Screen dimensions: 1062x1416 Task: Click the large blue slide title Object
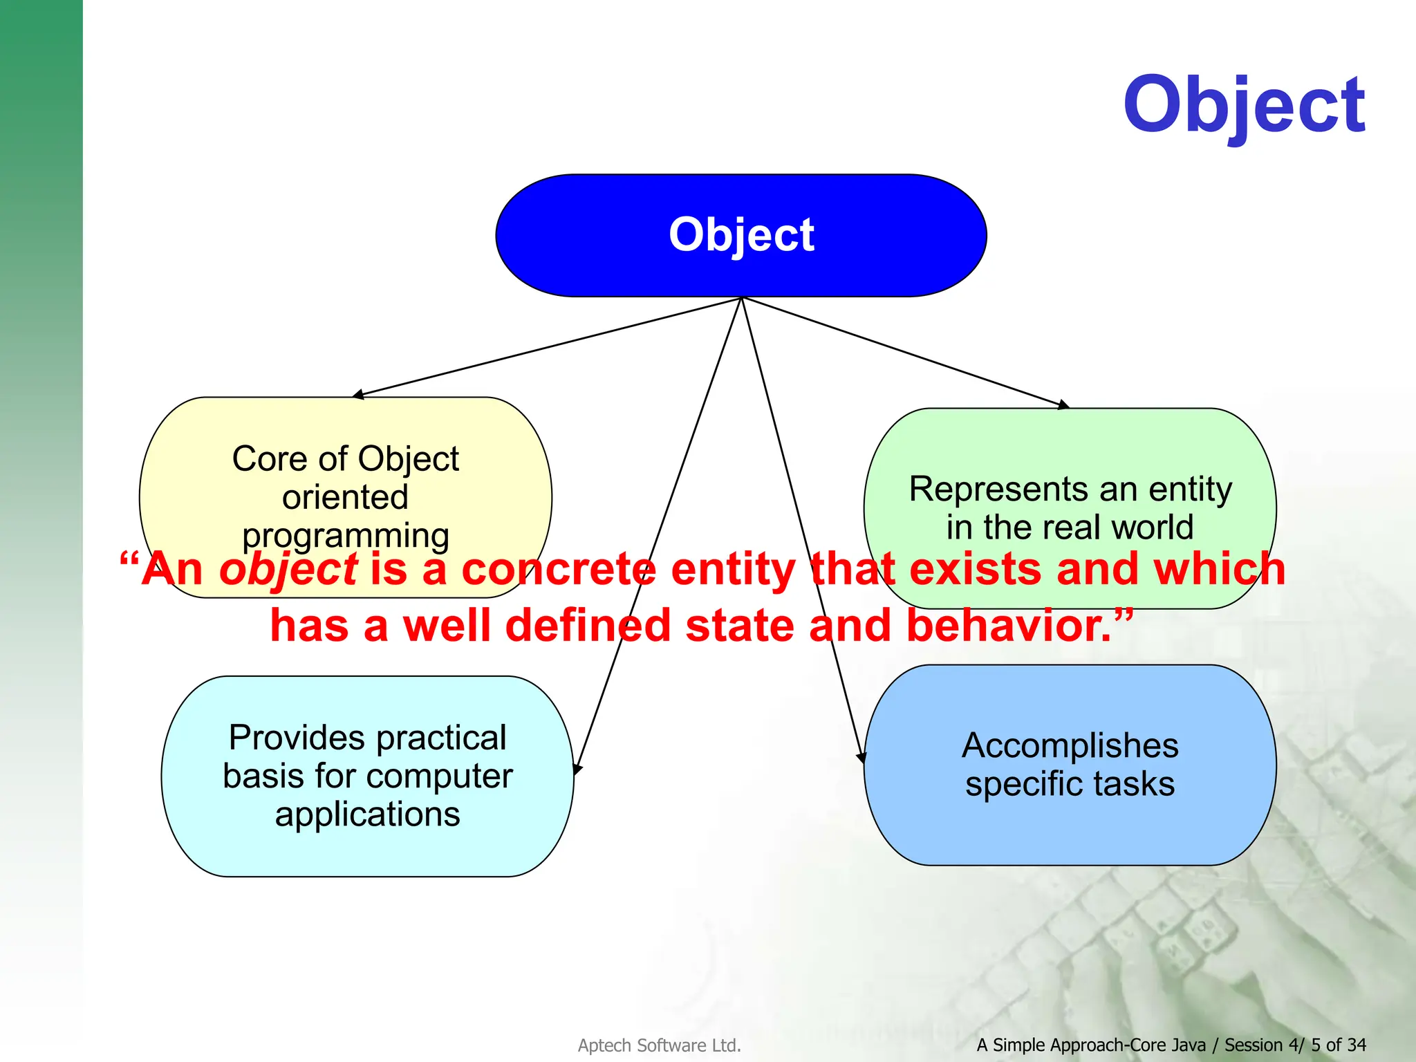[x=1243, y=107]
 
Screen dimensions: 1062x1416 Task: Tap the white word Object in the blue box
[x=741, y=235]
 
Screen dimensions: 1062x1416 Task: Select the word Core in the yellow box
[x=257, y=459]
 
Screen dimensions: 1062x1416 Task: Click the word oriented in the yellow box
[x=345, y=497]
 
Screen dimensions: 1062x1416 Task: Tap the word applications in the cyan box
[x=367, y=814]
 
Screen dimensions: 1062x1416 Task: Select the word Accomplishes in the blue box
[x=1070, y=745]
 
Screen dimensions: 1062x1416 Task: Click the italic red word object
[x=288, y=571]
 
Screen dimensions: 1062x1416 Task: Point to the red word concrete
[x=558, y=570]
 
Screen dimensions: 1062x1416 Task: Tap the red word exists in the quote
[x=975, y=570]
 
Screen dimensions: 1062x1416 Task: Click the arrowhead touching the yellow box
[x=357, y=395]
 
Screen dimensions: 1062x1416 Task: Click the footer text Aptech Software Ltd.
[x=659, y=1045]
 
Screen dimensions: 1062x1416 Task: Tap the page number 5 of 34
[x=1338, y=1045]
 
